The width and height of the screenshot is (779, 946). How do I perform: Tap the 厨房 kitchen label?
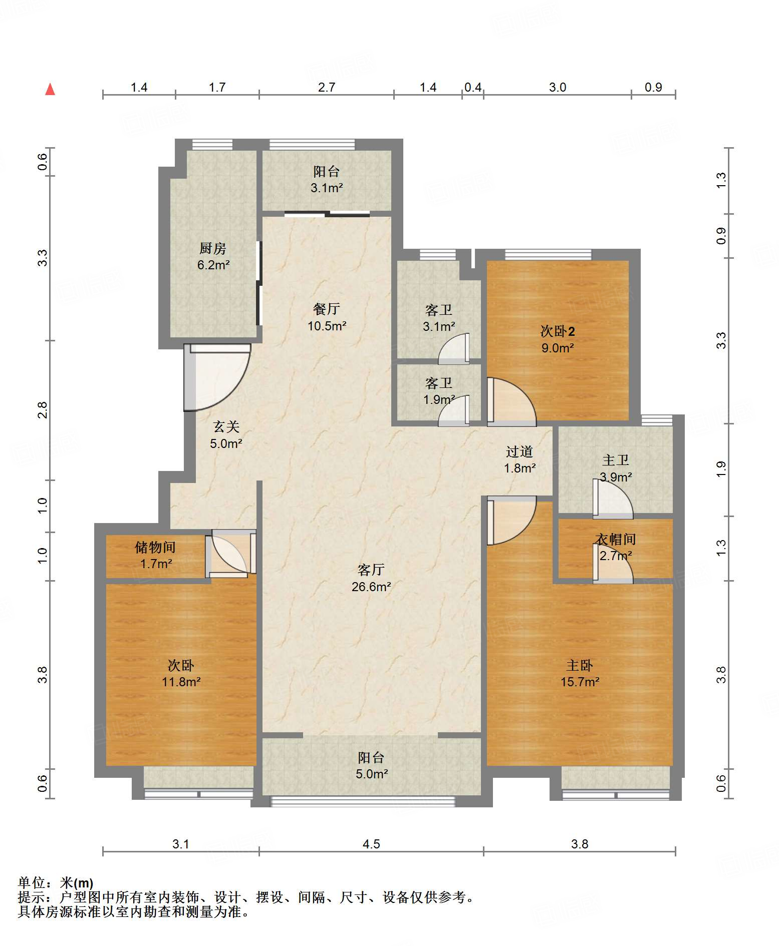click(213, 248)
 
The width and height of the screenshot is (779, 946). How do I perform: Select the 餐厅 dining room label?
click(327, 309)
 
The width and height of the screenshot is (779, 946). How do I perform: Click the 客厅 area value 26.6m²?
click(371, 587)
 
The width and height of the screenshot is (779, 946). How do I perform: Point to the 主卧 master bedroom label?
click(580, 665)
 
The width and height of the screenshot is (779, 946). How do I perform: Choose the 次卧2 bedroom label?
click(557, 331)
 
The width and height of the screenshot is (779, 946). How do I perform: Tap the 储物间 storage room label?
click(155, 547)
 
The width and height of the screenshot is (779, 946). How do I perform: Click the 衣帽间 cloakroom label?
click(616, 539)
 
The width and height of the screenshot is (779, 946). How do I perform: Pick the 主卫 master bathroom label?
click(616, 460)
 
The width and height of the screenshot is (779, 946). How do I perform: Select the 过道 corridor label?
click(520, 451)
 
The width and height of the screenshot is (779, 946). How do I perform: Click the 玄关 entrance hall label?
click(226, 426)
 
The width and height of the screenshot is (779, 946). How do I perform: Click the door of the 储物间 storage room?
click(231, 554)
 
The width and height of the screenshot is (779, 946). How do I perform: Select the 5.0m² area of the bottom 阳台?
click(372, 774)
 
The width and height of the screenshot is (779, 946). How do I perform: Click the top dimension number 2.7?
click(327, 87)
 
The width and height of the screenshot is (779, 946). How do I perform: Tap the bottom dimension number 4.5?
click(371, 844)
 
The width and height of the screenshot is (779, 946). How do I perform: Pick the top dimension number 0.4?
click(473, 87)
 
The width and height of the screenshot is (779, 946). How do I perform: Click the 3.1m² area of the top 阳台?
click(327, 188)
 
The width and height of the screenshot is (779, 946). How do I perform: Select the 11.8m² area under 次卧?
click(181, 682)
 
